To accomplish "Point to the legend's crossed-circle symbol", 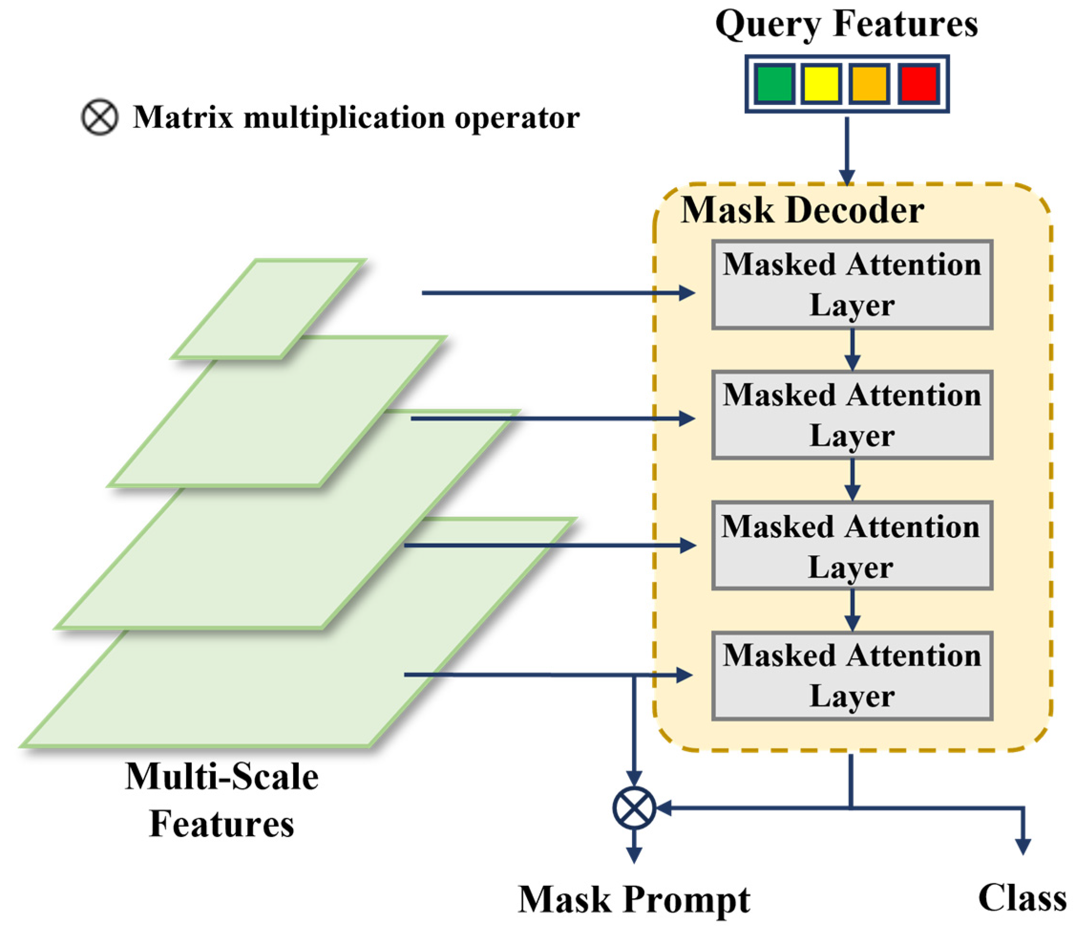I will (x=99, y=117).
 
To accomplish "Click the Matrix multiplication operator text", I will (x=356, y=117).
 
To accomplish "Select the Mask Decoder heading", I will (x=802, y=210).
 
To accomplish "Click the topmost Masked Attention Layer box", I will (x=852, y=285).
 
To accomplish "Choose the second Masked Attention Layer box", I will (x=852, y=415).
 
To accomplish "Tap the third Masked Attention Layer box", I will (x=852, y=546).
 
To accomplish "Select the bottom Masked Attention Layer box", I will (x=852, y=676).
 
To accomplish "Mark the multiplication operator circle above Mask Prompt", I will (x=634, y=808).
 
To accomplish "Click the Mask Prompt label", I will (x=634, y=900).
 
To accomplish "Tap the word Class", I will (x=1022, y=898).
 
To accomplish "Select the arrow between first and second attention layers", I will (x=853, y=349).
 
